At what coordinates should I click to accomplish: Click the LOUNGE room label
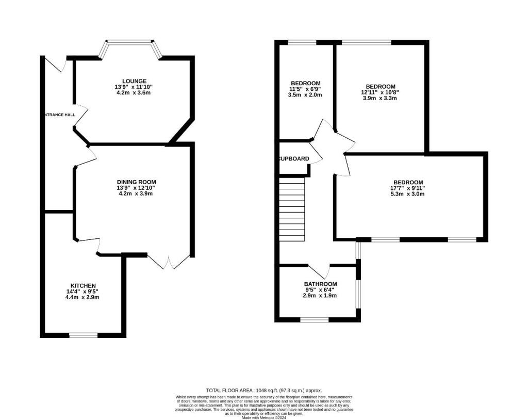click(134, 81)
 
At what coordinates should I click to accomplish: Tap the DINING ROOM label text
click(136, 182)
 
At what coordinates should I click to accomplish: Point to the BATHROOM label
click(320, 284)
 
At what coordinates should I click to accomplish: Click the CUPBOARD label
click(294, 159)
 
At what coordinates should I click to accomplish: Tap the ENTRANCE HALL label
click(60, 115)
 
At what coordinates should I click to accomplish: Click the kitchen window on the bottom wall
click(84, 335)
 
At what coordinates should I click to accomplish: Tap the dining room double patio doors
click(168, 261)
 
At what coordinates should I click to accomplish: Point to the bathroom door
click(319, 270)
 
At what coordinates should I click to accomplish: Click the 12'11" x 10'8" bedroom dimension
click(381, 92)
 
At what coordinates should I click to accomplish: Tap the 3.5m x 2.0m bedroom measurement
click(306, 95)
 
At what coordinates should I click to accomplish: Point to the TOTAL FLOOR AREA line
click(263, 391)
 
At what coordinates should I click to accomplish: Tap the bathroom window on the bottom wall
click(315, 320)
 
